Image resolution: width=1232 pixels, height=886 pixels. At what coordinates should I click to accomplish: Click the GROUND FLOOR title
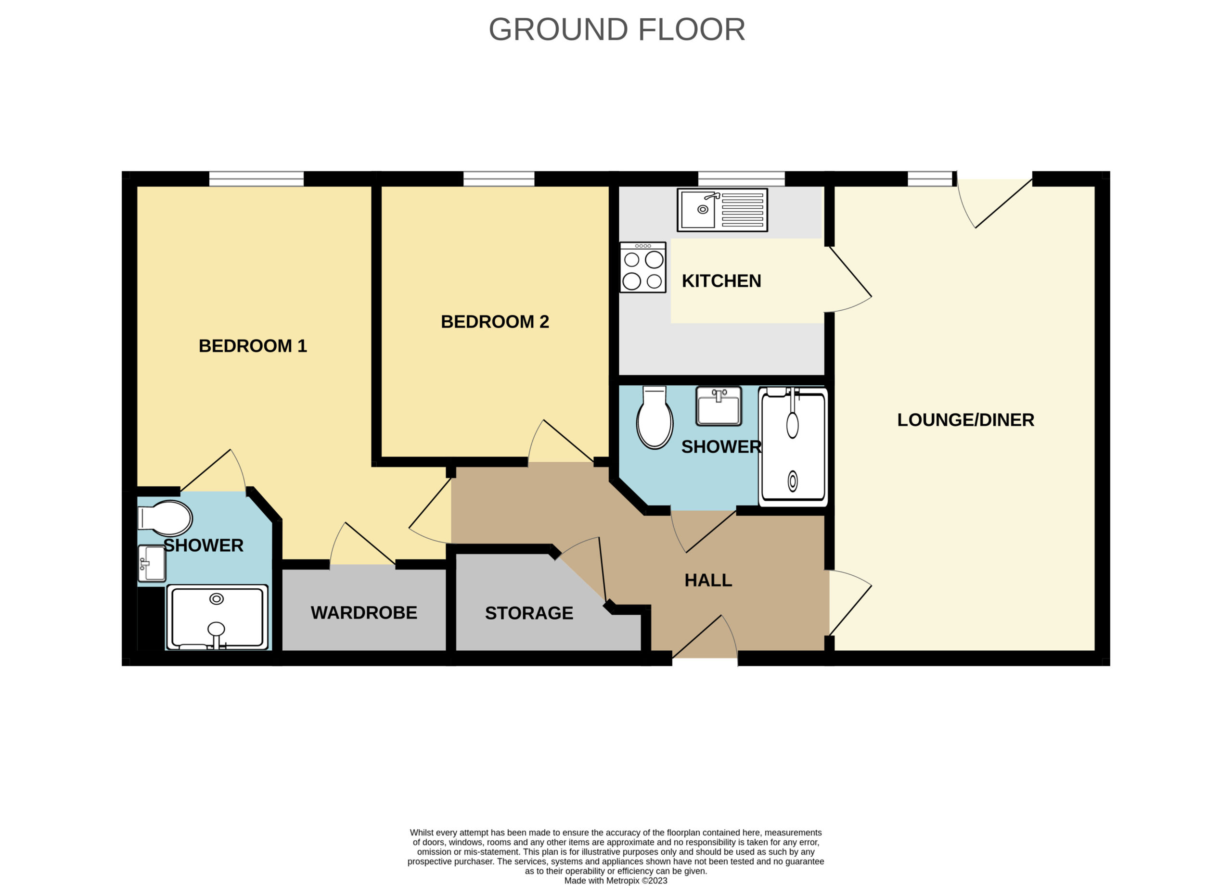(616, 29)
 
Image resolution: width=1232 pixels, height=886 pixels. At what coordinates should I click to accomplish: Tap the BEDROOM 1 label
(253, 346)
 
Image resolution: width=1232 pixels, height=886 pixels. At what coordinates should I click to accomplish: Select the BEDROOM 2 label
(495, 321)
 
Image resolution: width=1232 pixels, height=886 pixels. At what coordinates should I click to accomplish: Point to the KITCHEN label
(721, 281)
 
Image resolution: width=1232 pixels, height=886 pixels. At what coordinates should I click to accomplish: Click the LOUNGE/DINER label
(965, 419)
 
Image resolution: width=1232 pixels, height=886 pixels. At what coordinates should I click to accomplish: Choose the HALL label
(708, 581)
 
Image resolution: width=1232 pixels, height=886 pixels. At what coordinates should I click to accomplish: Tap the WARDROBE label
(364, 613)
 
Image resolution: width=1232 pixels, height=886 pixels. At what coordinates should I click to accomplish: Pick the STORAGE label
(529, 613)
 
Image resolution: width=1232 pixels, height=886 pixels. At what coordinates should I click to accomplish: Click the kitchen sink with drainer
(722, 210)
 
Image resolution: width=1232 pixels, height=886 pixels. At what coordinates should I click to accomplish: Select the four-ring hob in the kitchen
(643, 267)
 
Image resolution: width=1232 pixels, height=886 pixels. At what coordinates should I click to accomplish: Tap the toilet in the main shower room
(654, 417)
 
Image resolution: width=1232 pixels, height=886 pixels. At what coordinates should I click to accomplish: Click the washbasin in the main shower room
(719, 406)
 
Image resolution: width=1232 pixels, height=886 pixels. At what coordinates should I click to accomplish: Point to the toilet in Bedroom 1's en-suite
(165, 518)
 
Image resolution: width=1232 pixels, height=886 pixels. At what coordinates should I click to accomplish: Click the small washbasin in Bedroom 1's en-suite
(152, 564)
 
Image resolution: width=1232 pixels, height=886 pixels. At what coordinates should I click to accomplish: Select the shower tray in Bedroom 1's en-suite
(217, 617)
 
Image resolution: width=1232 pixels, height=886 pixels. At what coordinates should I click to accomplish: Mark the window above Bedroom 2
(499, 178)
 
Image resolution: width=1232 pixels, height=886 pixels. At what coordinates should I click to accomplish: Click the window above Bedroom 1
(257, 178)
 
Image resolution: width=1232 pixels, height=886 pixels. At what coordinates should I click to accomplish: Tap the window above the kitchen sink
(742, 178)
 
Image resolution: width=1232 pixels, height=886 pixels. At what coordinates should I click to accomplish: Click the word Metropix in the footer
(623, 881)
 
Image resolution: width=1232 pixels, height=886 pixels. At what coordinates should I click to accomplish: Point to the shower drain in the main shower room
(793, 481)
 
